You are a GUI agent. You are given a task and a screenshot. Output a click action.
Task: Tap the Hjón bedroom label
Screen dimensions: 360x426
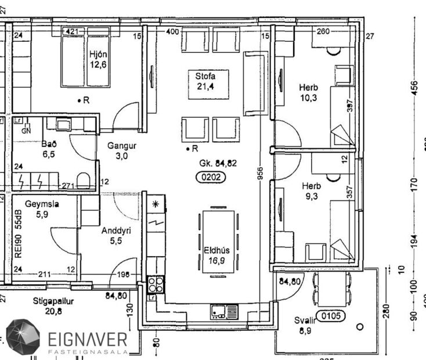(98, 55)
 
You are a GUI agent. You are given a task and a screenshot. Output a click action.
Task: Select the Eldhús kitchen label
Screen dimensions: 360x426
(216, 250)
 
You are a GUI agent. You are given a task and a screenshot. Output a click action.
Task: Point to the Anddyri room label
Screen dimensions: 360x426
(116, 231)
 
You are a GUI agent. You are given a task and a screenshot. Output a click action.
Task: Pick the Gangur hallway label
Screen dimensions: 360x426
(121, 146)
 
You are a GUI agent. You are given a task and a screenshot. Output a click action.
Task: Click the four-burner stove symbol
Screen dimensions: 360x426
(156, 285)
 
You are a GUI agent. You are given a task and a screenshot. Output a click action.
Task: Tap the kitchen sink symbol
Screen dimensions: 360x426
(224, 311)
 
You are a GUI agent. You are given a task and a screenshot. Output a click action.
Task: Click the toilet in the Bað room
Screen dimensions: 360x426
(84, 181)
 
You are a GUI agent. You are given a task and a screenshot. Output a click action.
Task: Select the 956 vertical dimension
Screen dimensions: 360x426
(261, 174)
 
